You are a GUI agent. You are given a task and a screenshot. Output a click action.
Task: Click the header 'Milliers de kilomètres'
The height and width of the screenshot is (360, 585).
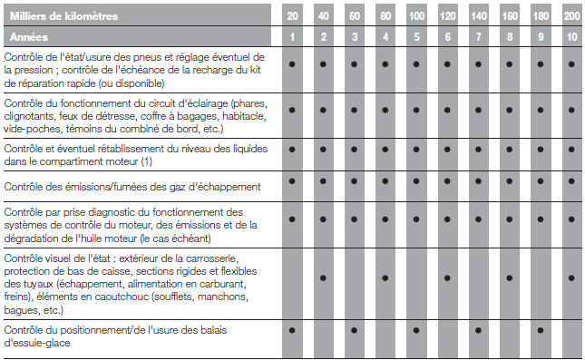click(x=63, y=16)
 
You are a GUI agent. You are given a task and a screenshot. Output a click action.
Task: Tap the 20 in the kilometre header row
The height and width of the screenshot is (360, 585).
click(x=292, y=16)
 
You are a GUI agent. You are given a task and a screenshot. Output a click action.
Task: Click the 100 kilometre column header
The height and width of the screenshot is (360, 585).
click(x=415, y=16)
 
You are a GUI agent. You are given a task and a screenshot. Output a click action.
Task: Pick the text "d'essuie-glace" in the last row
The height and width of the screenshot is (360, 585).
click(x=36, y=344)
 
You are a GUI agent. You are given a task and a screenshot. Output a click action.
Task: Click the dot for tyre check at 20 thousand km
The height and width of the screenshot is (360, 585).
click(x=292, y=65)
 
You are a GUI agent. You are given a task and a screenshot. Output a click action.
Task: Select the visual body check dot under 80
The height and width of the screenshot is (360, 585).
click(x=385, y=277)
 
